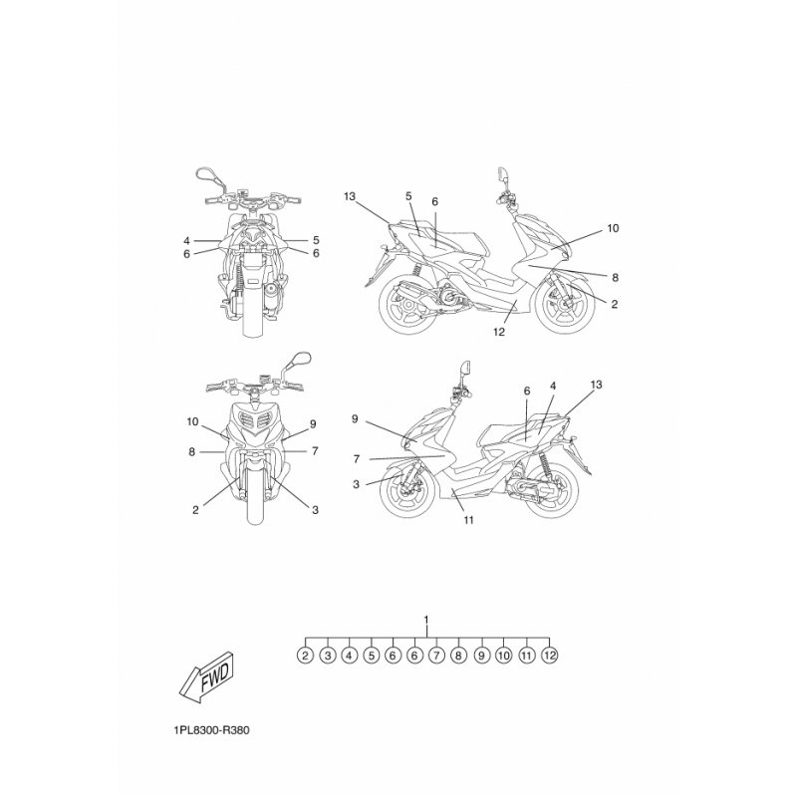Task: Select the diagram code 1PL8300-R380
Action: [x=211, y=730]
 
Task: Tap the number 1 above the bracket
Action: [x=426, y=620]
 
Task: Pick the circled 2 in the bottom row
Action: [x=305, y=656]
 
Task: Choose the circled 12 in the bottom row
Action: [x=550, y=656]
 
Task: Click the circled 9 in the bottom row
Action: [x=481, y=656]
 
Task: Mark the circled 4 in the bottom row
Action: [x=349, y=656]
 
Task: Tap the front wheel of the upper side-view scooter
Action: [x=565, y=304]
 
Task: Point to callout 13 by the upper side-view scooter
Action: [x=350, y=196]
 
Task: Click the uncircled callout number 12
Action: [x=499, y=332]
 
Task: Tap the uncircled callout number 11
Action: [x=468, y=519]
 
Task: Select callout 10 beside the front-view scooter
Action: [x=192, y=421]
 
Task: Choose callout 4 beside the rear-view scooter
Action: [x=186, y=240]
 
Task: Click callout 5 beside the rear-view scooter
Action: [x=316, y=240]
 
